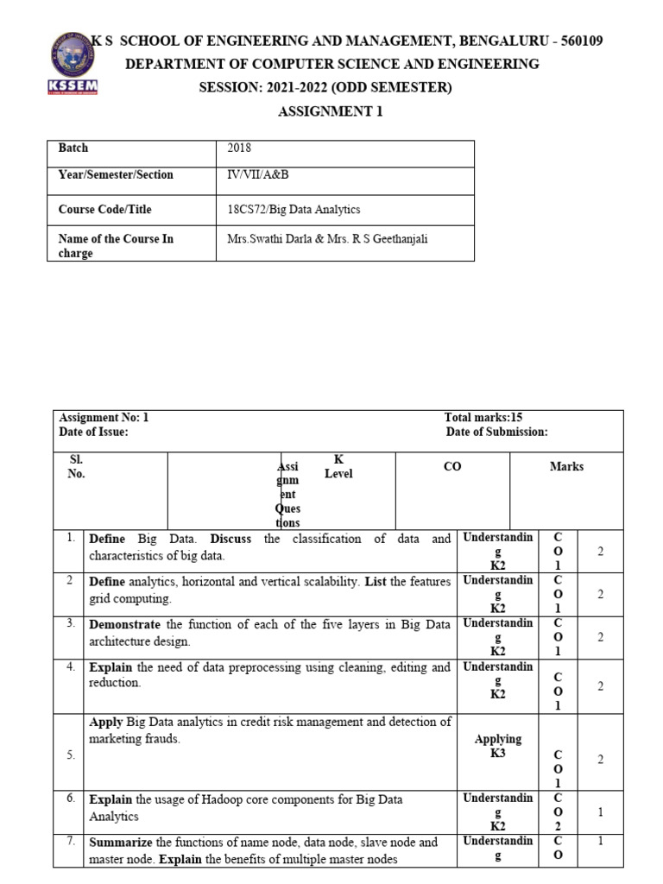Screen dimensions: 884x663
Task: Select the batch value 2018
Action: click(239, 148)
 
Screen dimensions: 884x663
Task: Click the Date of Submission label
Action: click(496, 433)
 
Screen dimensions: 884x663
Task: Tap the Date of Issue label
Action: click(93, 433)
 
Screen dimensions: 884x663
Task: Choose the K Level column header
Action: click(338, 467)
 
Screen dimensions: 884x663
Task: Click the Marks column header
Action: click(566, 467)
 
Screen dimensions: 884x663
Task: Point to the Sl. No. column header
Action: click(76, 467)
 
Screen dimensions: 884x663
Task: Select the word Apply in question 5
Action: click(106, 722)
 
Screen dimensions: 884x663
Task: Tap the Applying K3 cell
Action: click(498, 746)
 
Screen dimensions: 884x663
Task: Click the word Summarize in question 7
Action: click(121, 842)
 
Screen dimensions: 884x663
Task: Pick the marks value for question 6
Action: click(600, 812)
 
